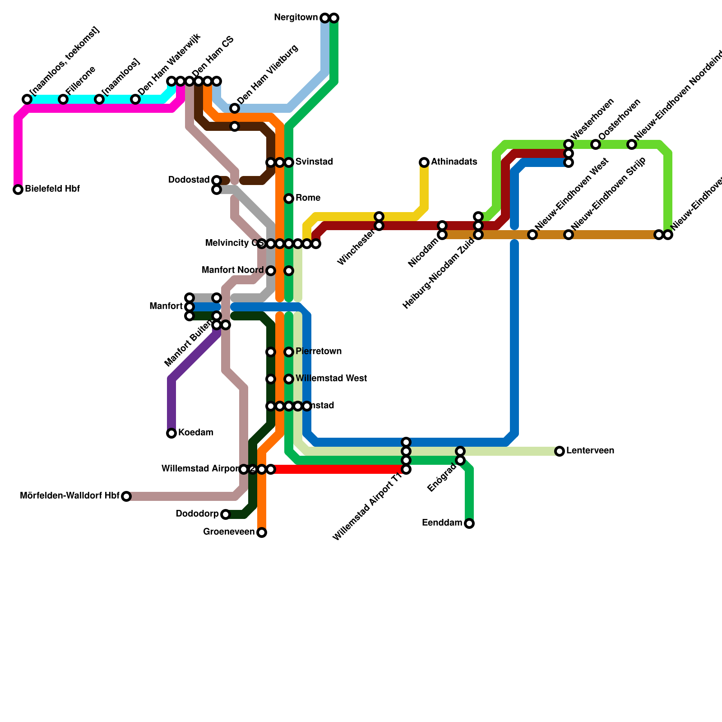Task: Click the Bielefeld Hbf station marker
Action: point(18,190)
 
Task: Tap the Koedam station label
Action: point(195,433)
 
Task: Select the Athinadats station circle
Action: point(424,162)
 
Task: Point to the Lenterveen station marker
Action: point(560,451)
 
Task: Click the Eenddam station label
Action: point(442,523)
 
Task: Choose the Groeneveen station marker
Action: point(262,532)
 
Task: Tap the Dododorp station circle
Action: point(226,514)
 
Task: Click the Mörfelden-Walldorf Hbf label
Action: point(69,496)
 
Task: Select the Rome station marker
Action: point(289,199)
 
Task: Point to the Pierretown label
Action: point(318,352)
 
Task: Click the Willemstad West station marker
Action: point(289,379)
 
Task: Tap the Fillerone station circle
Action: point(63,99)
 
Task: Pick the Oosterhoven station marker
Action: point(596,144)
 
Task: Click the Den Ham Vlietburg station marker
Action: point(235,108)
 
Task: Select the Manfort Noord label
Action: point(232,270)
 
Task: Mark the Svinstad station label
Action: point(314,162)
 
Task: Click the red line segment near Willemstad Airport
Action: point(338,469)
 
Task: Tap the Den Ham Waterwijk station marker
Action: point(135,99)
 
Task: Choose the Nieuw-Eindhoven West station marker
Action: point(532,235)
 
